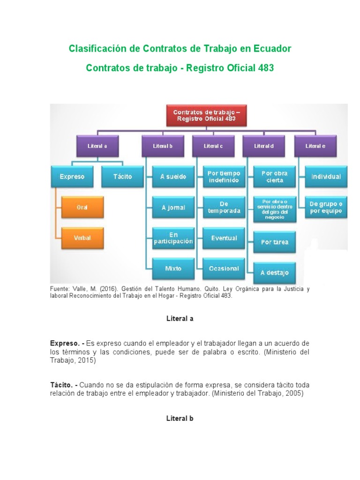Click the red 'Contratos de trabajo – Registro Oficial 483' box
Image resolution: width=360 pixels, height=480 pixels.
click(206, 116)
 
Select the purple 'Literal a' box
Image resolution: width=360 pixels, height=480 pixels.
click(97, 146)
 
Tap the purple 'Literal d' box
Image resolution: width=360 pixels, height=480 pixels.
click(263, 146)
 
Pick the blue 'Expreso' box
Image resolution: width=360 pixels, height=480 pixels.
click(72, 177)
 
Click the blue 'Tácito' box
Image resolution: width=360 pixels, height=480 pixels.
click(122, 177)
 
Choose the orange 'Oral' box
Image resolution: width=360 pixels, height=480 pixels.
click(82, 207)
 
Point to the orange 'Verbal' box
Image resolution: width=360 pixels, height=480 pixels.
click(82, 238)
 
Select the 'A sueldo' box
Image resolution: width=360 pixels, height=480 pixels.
click(173, 177)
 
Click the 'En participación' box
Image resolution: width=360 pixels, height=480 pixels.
click(173, 238)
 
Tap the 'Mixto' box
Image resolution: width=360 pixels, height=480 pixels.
click(173, 269)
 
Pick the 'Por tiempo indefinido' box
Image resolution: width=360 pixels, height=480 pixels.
click(224, 177)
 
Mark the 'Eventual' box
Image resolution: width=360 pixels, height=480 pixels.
click(224, 238)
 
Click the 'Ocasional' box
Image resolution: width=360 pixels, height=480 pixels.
click(224, 269)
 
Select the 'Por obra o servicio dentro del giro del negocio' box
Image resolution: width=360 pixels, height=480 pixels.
click(275, 210)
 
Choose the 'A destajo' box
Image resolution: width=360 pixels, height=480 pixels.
click(275, 273)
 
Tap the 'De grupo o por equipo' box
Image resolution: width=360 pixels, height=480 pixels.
click(326, 207)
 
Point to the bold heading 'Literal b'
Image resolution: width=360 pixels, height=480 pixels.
click(180, 419)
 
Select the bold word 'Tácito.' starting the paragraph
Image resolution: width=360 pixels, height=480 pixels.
click(61, 385)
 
